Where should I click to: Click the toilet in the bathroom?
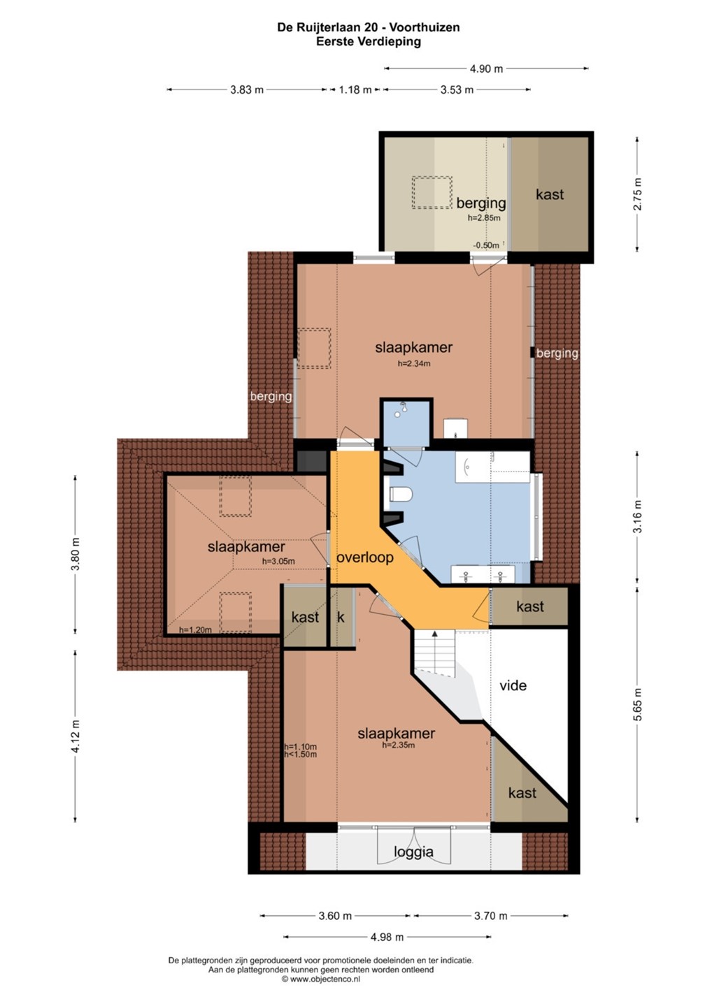coord(401,495)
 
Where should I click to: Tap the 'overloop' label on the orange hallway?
coord(365,557)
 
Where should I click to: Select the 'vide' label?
coord(513,685)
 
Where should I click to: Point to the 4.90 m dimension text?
coord(486,68)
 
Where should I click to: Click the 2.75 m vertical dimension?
coord(637,194)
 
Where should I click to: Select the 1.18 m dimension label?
coord(355,90)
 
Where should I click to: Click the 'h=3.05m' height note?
coord(278,561)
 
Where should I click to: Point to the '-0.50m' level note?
coord(486,245)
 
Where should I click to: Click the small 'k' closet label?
coord(341,617)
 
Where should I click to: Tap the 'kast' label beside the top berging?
coord(550,194)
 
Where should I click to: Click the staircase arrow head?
coord(434,634)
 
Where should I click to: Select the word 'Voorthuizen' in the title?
coord(425,27)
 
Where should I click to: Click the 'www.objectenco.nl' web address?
coord(325,979)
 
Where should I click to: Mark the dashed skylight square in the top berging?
coord(432,192)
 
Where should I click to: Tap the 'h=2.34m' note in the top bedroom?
coord(413,363)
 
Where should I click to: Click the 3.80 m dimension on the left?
coord(75,554)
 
